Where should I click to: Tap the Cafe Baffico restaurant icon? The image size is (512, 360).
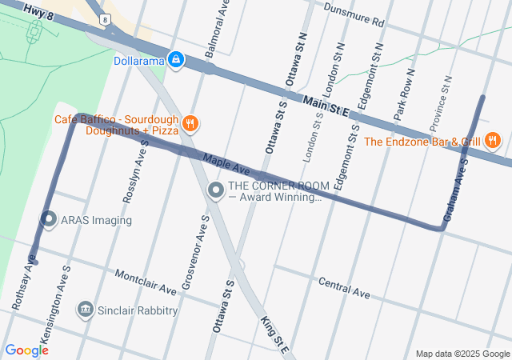pyautogui.click(x=190, y=123)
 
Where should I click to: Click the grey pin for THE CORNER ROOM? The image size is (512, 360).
pyautogui.click(x=215, y=190)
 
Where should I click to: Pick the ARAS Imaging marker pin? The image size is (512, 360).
pyautogui.click(x=48, y=219)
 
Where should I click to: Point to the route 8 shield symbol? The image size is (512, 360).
pyautogui.click(x=105, y=18)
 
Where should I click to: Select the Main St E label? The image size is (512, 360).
pyautogui.click(x=326, y=105)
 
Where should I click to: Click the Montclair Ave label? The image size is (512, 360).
pyautogui.click(x=146, y=281)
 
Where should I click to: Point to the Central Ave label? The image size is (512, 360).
pyautogui.click(x=344, y=288)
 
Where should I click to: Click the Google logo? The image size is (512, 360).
pyautogui.click(x=26, y=350)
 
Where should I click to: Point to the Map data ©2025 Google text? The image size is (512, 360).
pyautogui.click(x=462, y=354)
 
